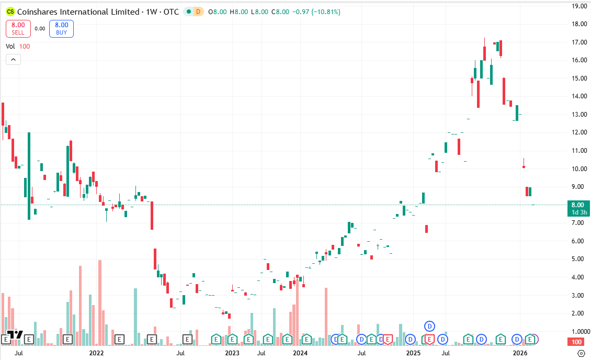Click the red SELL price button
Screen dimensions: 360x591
click(18, 28)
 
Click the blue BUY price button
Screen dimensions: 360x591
click(62, 28)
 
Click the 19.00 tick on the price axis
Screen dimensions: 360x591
click(578, 6)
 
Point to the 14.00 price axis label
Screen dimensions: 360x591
click(578, 96)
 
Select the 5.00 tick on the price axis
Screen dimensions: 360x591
click(578, 259)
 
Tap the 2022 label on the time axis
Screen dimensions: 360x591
click(97, 353)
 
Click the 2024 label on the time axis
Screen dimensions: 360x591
click(300, 353)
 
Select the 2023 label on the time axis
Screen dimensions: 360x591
click(232, 353)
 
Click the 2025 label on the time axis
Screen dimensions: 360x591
click(413, 353)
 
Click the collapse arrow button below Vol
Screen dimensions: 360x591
click(13, 59)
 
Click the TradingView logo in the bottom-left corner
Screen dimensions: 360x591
click(16, 335)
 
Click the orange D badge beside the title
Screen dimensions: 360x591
click(198, 12)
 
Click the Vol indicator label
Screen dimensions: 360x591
click(10, 46)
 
